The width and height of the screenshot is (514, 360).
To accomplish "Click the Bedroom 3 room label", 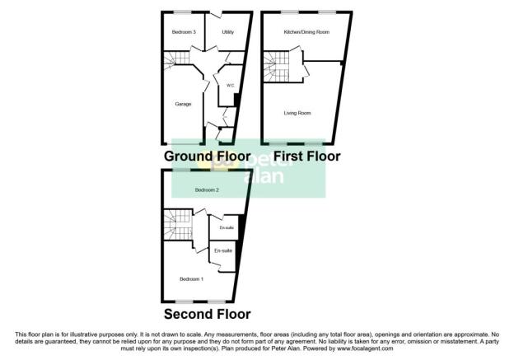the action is [x=184, y=32].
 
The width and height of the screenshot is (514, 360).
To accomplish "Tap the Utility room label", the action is [x=228, y=32].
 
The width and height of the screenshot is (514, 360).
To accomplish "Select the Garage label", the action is [x=183, y=105].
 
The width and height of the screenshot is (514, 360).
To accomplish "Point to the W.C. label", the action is [x=230, y=86].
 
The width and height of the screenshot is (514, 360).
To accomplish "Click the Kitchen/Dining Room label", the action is [x=306, y=32].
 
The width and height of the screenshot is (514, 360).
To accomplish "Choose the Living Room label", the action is [x=297, y=113].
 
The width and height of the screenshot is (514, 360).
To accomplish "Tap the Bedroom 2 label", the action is [x=207, y=190].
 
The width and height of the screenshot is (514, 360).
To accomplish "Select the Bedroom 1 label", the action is [x=191, y=279].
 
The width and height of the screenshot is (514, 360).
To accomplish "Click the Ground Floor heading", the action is [x=208, y=156].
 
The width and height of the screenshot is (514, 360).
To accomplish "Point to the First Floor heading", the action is [x=306, y=156].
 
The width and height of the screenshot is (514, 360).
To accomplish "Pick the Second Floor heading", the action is [x=208, y=314].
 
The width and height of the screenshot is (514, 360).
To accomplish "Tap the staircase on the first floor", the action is [x=276, y=67].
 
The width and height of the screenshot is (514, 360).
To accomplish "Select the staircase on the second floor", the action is [x=178, y=225].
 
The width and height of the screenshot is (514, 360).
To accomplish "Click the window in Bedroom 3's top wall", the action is [x=183, y=12].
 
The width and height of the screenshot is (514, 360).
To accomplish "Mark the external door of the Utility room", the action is [x=216, y=15].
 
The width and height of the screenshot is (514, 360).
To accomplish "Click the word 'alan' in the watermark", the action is [x=264, y=176].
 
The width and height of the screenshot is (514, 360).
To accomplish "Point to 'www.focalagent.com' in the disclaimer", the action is [x=365, y=348].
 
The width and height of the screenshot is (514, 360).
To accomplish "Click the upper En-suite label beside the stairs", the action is [x=227, y=227].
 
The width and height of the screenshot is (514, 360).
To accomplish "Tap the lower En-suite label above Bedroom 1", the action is [x=223, y=250].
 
